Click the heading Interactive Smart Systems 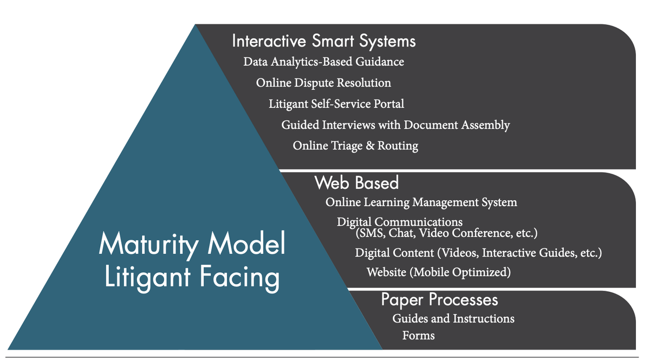[324, 41]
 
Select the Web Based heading [356, 183]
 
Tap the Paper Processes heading [439, 300]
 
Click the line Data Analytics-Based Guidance [323, 62]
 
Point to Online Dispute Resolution [323, 83]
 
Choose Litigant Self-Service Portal [336, 104]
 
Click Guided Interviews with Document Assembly [395, 125]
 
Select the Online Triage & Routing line [355, 146]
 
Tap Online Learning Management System [421, 202]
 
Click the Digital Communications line [400, 222]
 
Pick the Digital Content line [478, 253]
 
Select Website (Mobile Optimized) [438, 272]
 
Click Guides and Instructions [453, 318]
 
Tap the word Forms [418, 335]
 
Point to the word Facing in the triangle [239, 278]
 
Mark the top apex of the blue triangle [196, 24]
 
